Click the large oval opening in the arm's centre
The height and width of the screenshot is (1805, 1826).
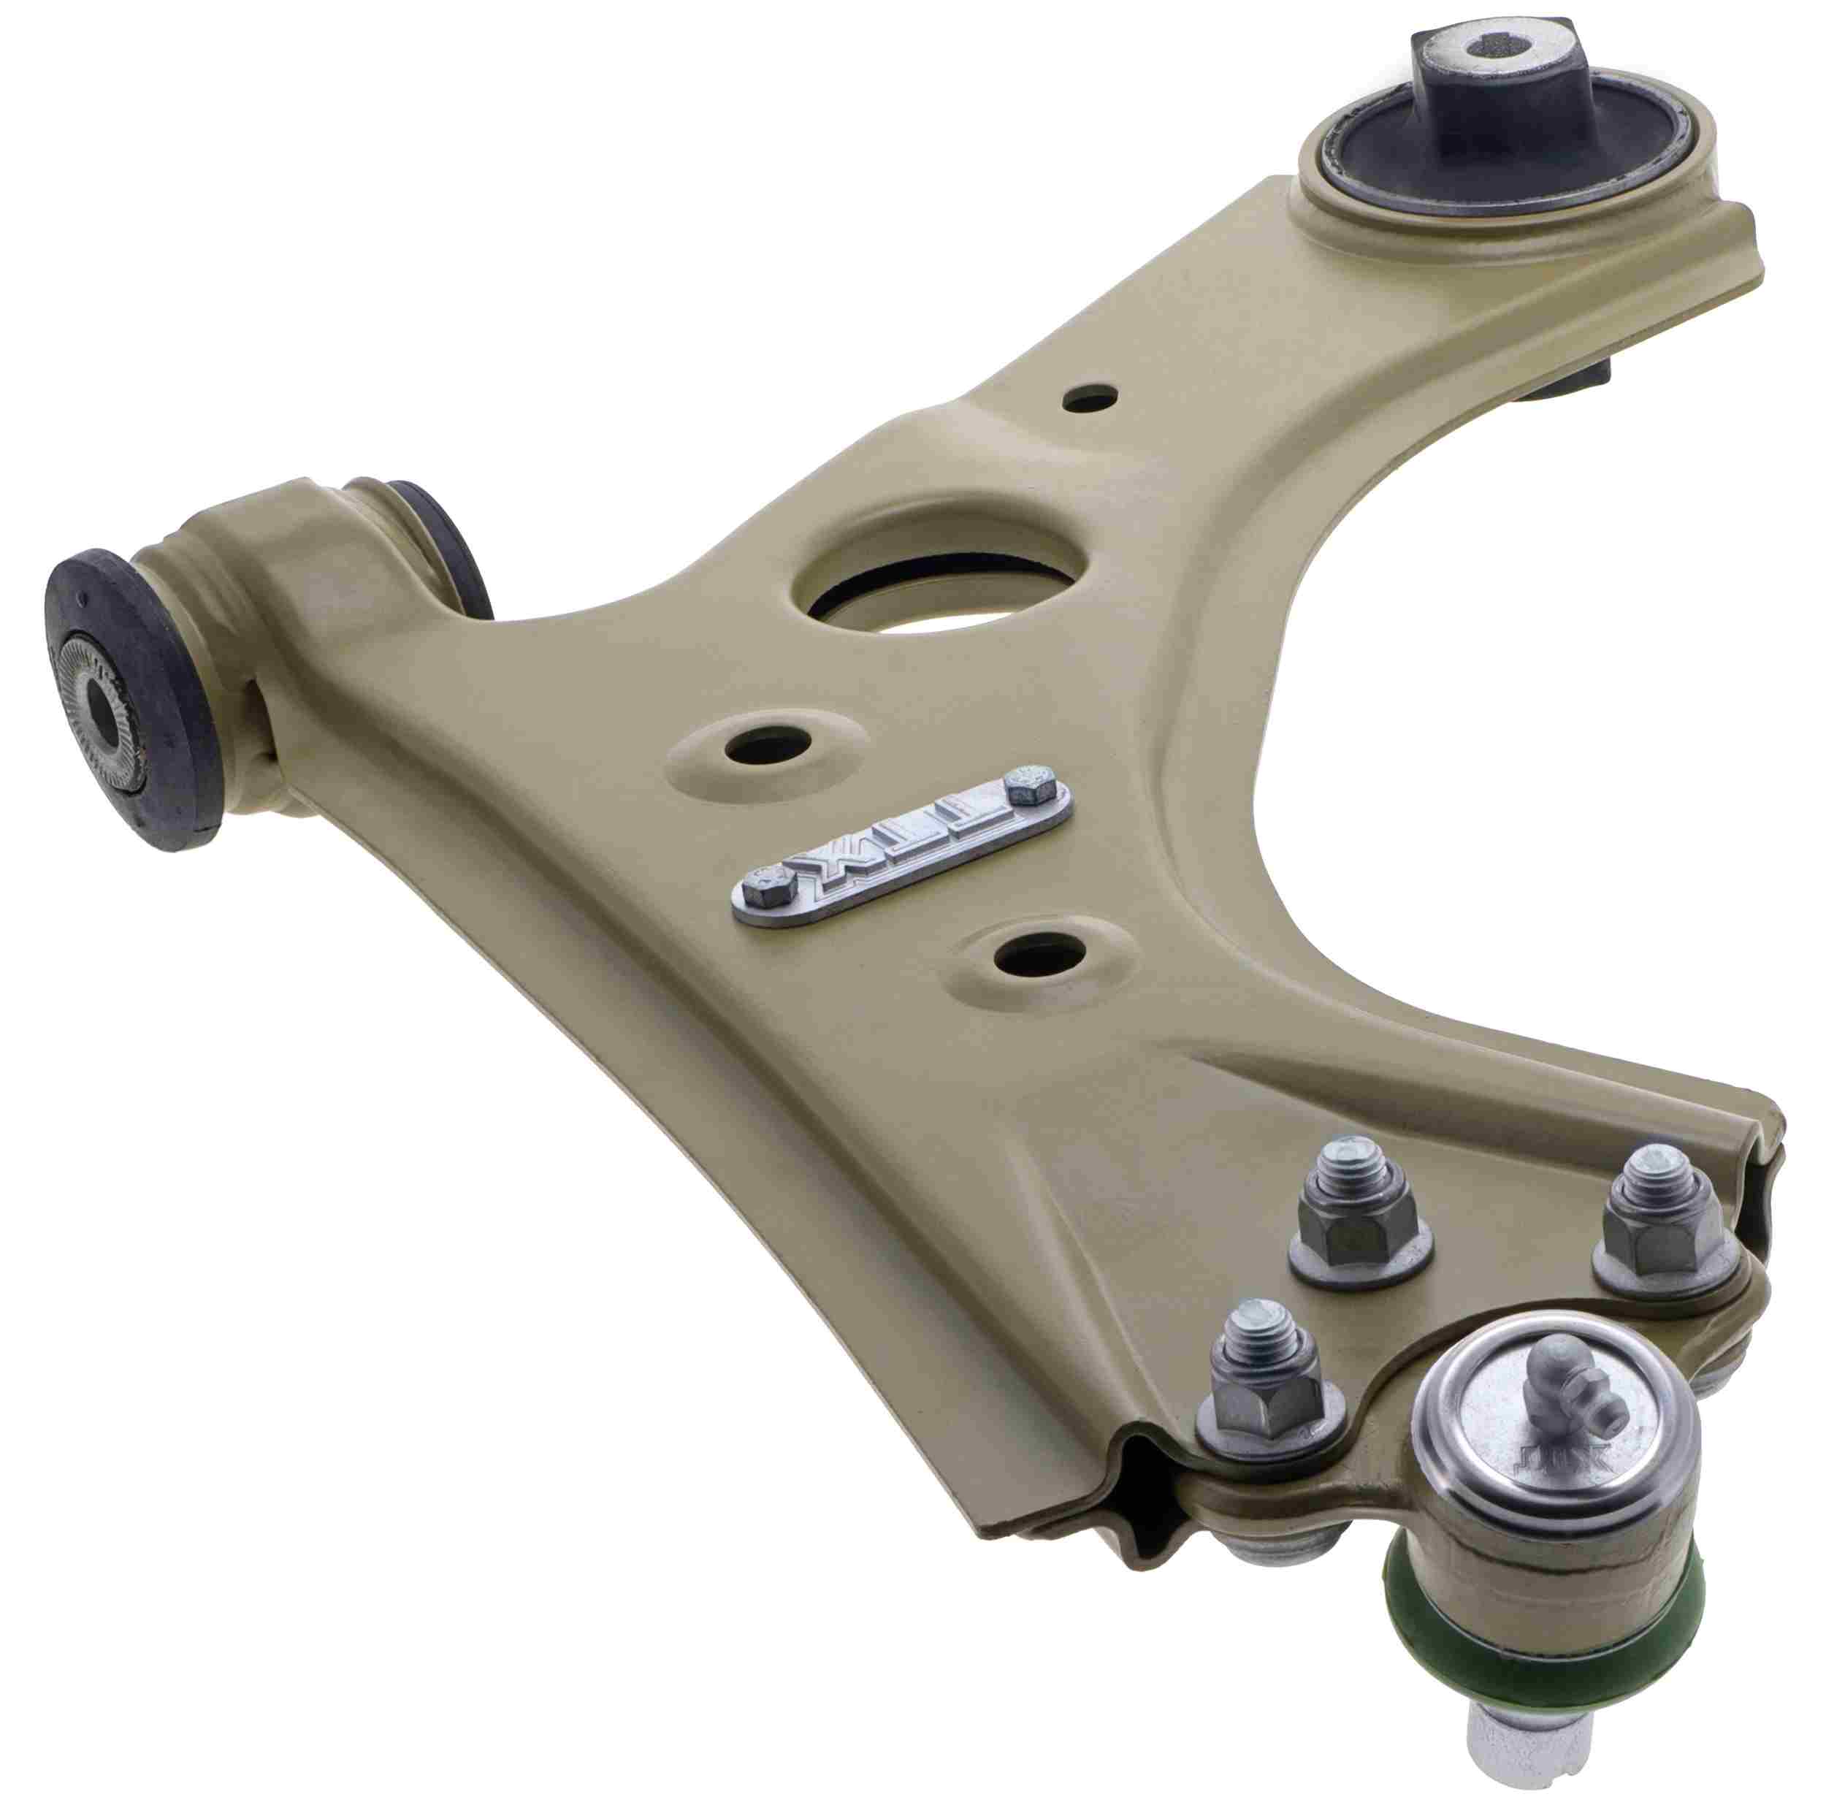point(931,579)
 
